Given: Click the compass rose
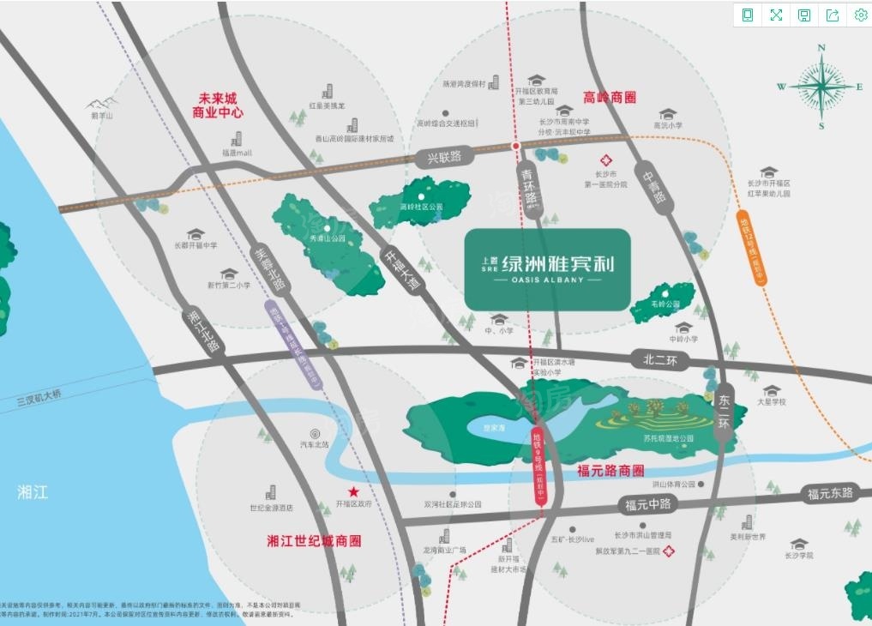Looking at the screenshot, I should point(821,86).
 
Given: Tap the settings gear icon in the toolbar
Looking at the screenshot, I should point(860,15).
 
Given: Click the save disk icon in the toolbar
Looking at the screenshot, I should point(804,15).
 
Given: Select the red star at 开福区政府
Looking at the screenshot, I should point(352,491).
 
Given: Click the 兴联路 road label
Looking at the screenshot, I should point(444,157).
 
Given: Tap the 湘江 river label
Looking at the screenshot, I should point(33,492).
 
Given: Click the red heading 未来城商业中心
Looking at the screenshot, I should point(218,105).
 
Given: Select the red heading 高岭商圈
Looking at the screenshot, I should point(610,98).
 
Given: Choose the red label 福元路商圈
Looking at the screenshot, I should point(610,470).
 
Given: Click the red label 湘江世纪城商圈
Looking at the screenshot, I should point(314,541).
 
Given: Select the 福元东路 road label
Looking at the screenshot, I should point(829,493).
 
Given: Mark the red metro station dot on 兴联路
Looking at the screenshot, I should point(515,147).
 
